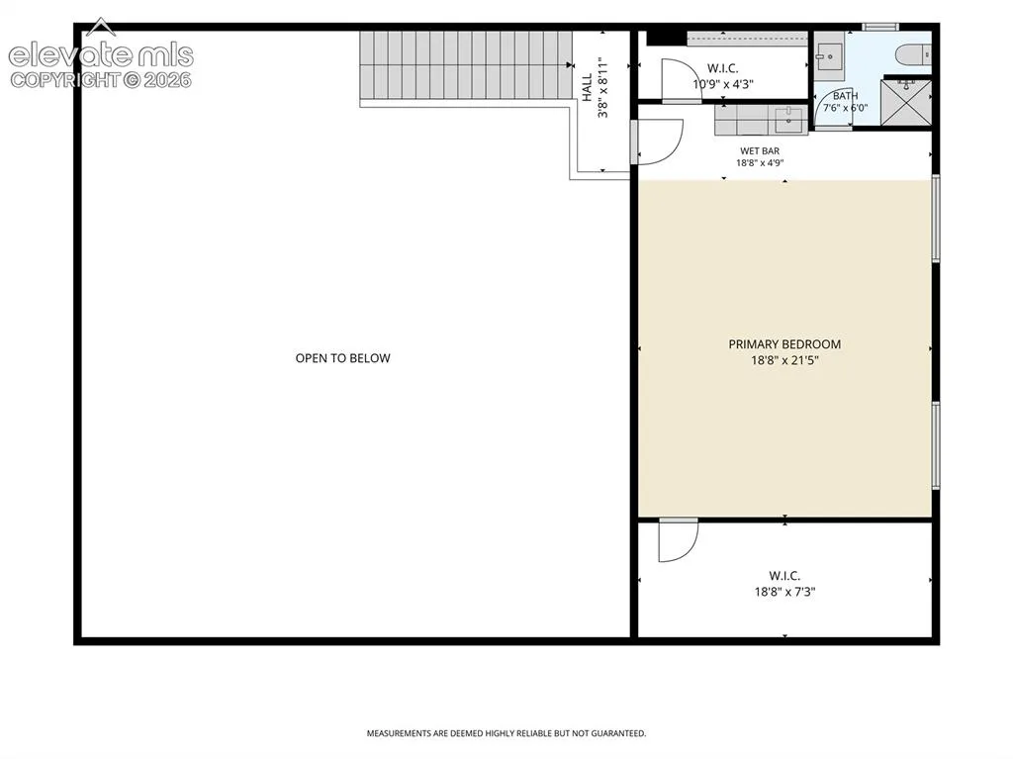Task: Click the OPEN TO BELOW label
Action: tap(342, 358)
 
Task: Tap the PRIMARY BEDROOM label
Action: tap(784, 344)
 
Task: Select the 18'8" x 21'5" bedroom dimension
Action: tap(784, 361)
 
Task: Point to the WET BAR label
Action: tap(760, 151)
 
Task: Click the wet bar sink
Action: tap(788, 121)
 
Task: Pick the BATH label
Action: tap(845, 96)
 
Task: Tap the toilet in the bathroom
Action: tap(913, 54)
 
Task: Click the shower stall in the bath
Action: tap(906, 102)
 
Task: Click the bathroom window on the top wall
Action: tap(880, 27)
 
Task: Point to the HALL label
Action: tap(588, 87)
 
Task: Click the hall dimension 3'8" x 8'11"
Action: tap(603, 88)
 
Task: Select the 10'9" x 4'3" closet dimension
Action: tap(723, 84)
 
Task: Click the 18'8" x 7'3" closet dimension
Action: tap(784, 592)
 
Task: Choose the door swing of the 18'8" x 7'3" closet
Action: tap(679, 540)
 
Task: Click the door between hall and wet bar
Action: tap(657, 142)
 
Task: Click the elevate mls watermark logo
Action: tap(101, 55)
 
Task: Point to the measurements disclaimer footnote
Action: tap(506, 733)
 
